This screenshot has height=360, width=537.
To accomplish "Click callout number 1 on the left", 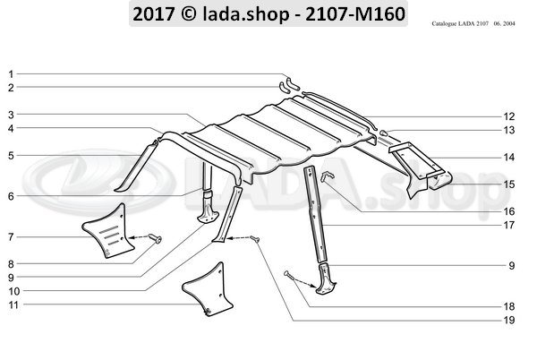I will pos(11,73).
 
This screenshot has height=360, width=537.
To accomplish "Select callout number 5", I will pos(11,155).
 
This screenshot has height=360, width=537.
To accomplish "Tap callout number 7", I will pos(11,237).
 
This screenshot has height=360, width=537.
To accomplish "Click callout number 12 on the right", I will pos(508,117).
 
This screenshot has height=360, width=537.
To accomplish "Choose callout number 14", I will pos(508,158).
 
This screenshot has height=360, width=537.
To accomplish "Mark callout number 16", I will pos(508,210).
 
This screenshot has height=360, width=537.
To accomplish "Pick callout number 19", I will pos(508,320).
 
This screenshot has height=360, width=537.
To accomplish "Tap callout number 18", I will pos(508,306).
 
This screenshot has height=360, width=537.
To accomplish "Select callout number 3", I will pos(11,115).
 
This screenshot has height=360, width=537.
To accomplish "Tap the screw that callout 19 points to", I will pos(256,238).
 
